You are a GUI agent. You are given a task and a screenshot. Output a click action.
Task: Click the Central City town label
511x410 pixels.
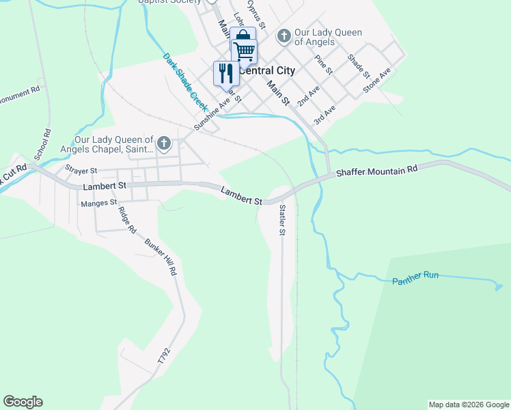267,70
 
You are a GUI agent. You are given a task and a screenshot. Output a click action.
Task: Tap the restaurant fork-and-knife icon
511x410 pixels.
226,73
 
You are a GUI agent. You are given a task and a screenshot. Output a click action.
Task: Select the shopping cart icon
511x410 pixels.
245,51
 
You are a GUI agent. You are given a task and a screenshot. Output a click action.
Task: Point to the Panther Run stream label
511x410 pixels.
415,279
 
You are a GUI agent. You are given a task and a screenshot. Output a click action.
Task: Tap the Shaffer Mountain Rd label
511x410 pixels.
376,172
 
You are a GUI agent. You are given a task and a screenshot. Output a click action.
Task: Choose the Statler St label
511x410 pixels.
281,219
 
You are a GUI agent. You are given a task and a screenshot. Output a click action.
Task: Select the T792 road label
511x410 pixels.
163,355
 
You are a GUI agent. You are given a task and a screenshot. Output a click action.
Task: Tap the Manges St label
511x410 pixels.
99,203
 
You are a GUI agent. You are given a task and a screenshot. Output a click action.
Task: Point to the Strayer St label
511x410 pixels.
81,169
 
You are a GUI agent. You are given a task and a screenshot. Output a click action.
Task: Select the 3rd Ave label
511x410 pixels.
324,114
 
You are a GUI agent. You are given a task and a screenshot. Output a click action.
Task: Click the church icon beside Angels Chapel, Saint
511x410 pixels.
163,143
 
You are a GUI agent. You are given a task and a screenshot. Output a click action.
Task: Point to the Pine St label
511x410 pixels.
324,64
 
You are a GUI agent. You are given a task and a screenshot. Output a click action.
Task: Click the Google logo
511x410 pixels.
23,402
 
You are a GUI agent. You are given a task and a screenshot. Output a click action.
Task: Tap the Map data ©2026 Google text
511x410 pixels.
469,405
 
